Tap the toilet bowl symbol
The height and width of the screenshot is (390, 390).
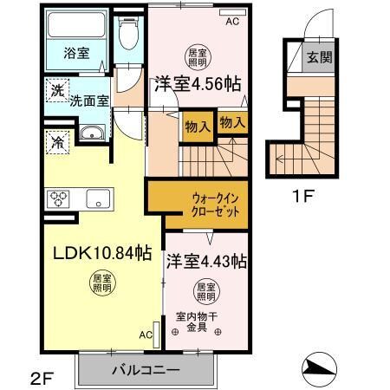[129, 34]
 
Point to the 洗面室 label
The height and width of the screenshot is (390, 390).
[89, 101]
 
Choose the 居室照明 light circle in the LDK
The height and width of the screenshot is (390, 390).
[102, 283]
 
